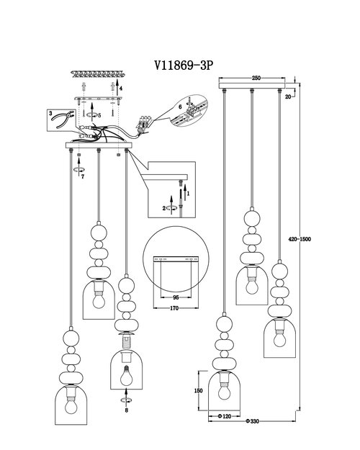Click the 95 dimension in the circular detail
pos(174,295)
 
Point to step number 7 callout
pos(81,176)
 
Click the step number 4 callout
pos(121,89)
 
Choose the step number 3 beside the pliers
pos(51,113)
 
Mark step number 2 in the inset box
pos(164,208)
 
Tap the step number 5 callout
pos(99,115)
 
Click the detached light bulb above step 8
pos(125,375)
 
